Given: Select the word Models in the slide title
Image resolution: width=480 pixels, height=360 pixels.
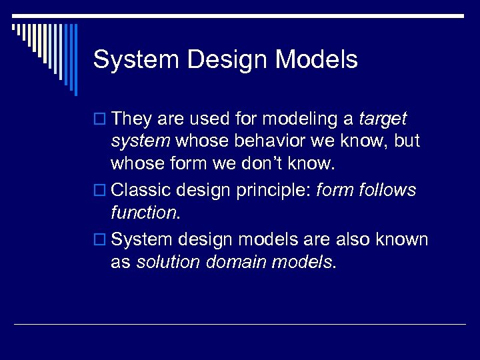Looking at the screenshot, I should [317, 60].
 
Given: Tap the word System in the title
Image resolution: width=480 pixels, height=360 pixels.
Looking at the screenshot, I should [137, 60].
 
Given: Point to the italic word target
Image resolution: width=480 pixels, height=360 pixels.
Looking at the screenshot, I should [382, 119].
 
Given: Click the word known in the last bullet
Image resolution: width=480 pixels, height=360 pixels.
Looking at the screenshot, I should [403, 239].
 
